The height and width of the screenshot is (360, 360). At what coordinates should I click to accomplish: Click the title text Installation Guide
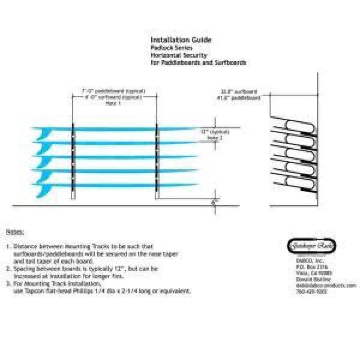[181, 40]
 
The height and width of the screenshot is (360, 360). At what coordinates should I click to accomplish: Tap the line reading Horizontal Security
[178, 55]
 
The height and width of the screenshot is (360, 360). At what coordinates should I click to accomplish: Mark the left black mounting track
[73, 160]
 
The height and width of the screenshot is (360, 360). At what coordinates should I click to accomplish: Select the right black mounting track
[156, 160]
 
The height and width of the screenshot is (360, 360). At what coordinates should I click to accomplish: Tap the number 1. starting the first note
[8, 247]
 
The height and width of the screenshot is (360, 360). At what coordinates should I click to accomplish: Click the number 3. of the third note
[8, 284]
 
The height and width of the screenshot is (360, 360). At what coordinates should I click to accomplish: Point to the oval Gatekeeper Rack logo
[312, 246]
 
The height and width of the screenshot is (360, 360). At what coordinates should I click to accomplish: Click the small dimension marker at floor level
[214, 202]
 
